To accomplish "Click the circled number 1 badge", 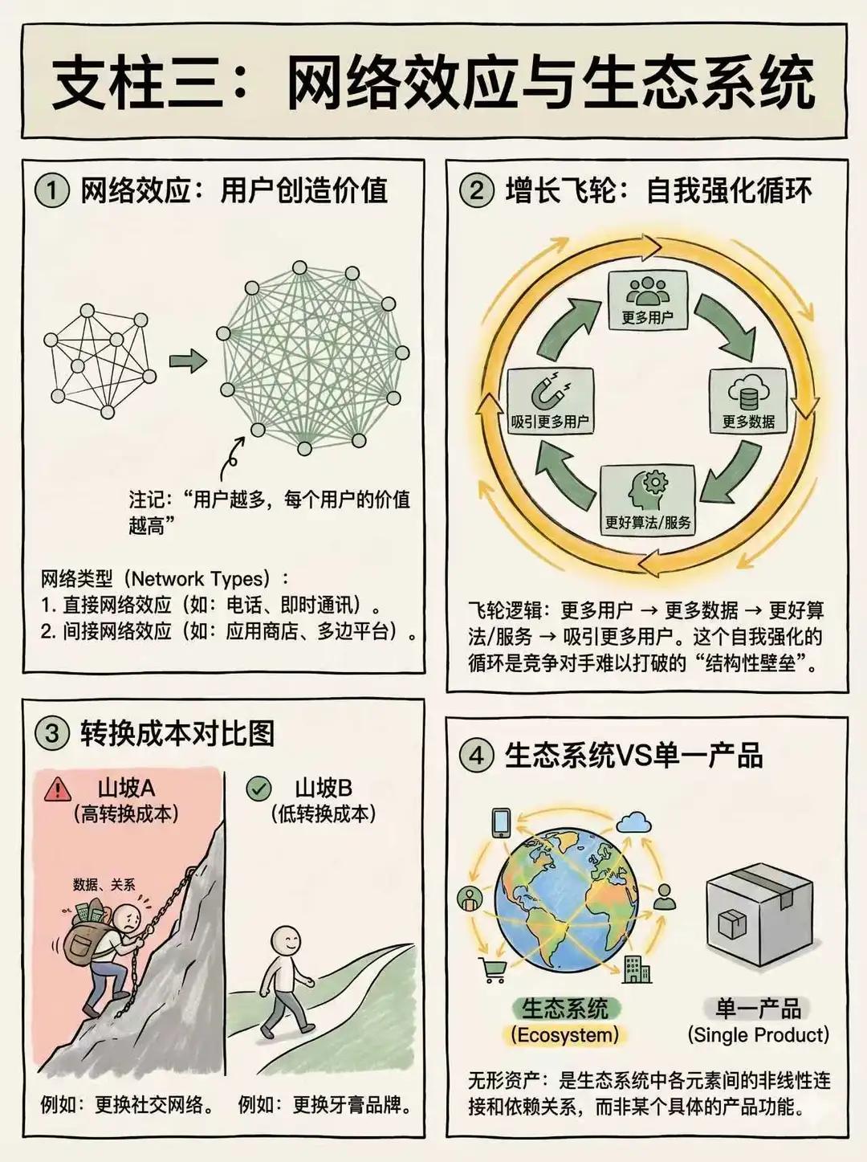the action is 52,190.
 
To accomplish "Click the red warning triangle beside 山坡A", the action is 58,789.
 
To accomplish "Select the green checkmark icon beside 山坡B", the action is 258,789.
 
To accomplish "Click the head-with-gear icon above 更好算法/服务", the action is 648,491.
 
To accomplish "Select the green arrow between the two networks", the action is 188,361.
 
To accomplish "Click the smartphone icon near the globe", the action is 501,822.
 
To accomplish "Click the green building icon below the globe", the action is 637,969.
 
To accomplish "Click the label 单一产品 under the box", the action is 758,1008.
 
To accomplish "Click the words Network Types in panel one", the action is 197,579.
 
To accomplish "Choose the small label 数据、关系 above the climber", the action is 104,885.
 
